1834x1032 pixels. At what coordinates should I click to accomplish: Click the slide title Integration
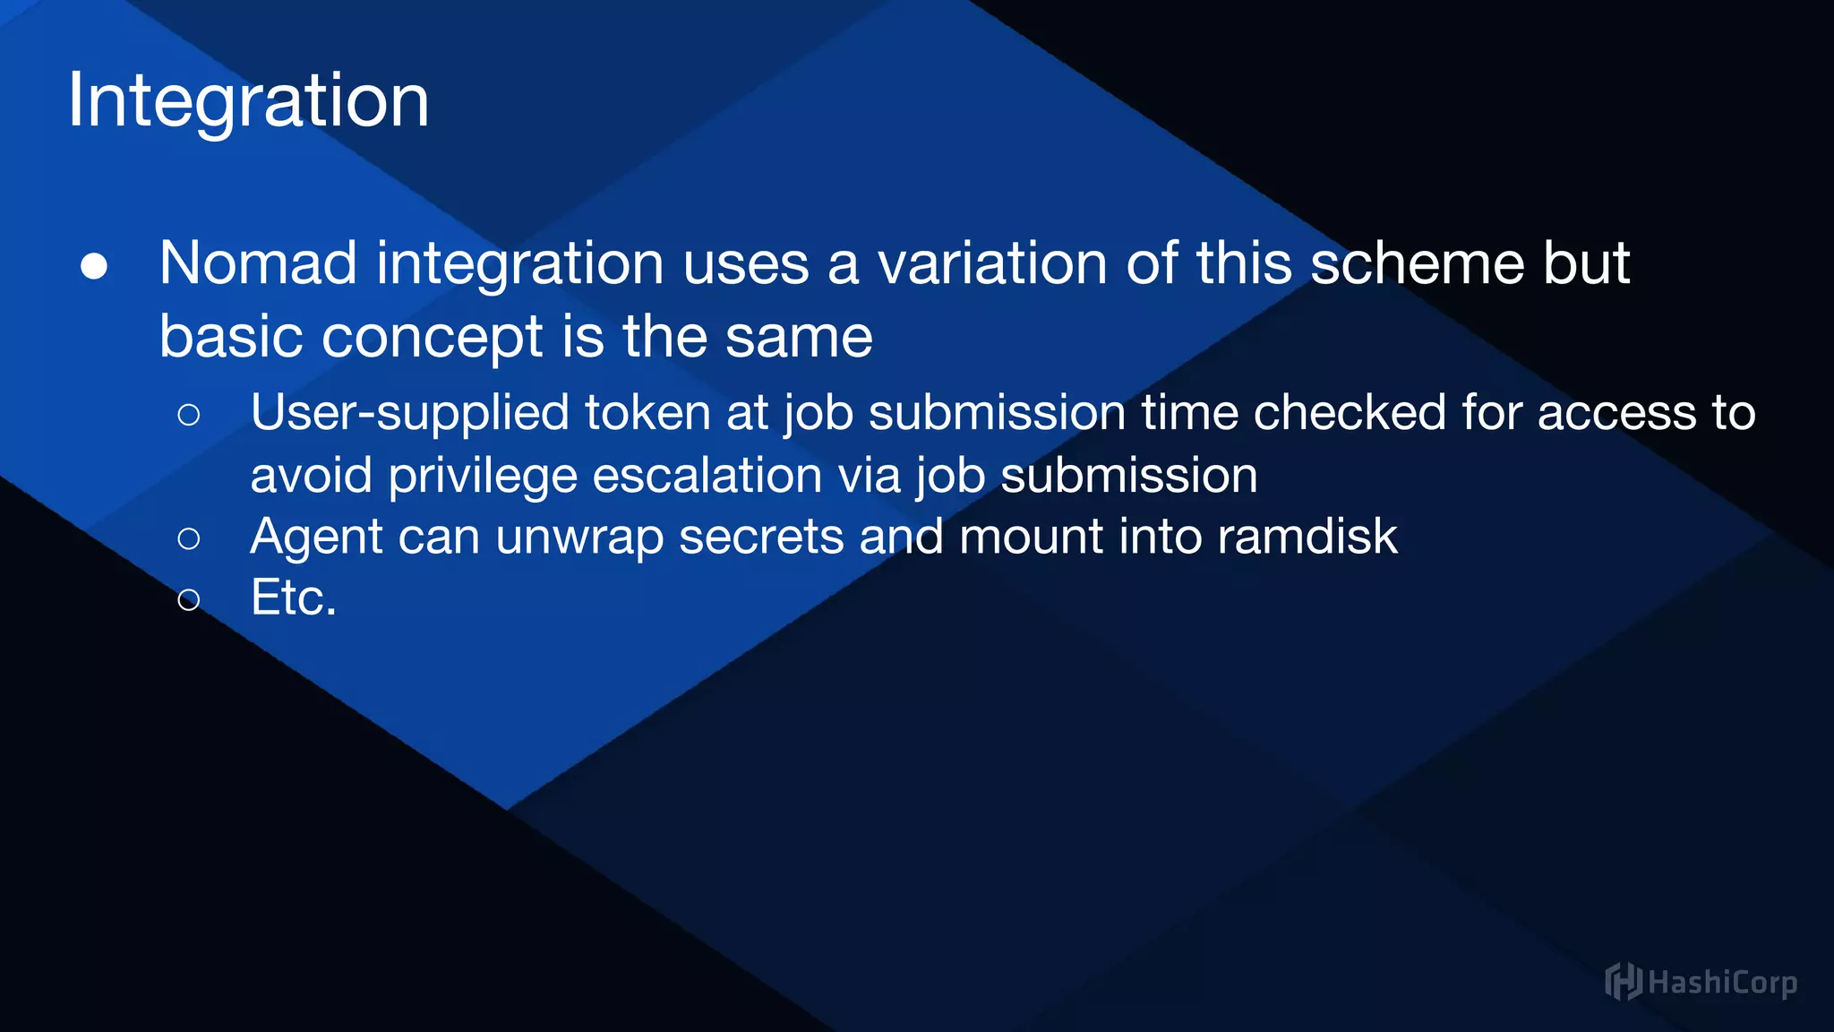point(248,101)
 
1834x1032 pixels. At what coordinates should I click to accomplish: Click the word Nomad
point(258,264)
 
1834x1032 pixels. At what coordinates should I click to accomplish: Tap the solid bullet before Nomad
point(94,267)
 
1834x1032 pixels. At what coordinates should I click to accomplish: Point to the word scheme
point(1417,264)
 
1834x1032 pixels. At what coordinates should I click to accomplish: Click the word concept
point(432,338)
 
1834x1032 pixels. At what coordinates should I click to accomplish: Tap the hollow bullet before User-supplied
point(188,415)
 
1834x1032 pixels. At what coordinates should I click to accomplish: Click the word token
point(647,413)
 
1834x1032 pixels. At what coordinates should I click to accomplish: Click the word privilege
point(483,476)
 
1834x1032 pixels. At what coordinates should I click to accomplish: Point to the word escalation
point(707,475)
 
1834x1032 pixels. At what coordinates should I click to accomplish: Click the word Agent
point(316,537)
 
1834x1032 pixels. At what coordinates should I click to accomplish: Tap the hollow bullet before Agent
point(188,538)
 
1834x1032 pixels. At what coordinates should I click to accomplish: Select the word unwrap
point(579,537)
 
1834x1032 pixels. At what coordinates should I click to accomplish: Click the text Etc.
point(293,598)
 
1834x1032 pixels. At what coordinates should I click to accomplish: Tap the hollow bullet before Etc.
point(188,599)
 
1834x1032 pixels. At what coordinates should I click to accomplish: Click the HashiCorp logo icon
point(1623,982)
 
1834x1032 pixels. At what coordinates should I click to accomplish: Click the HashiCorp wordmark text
point(1721,983)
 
